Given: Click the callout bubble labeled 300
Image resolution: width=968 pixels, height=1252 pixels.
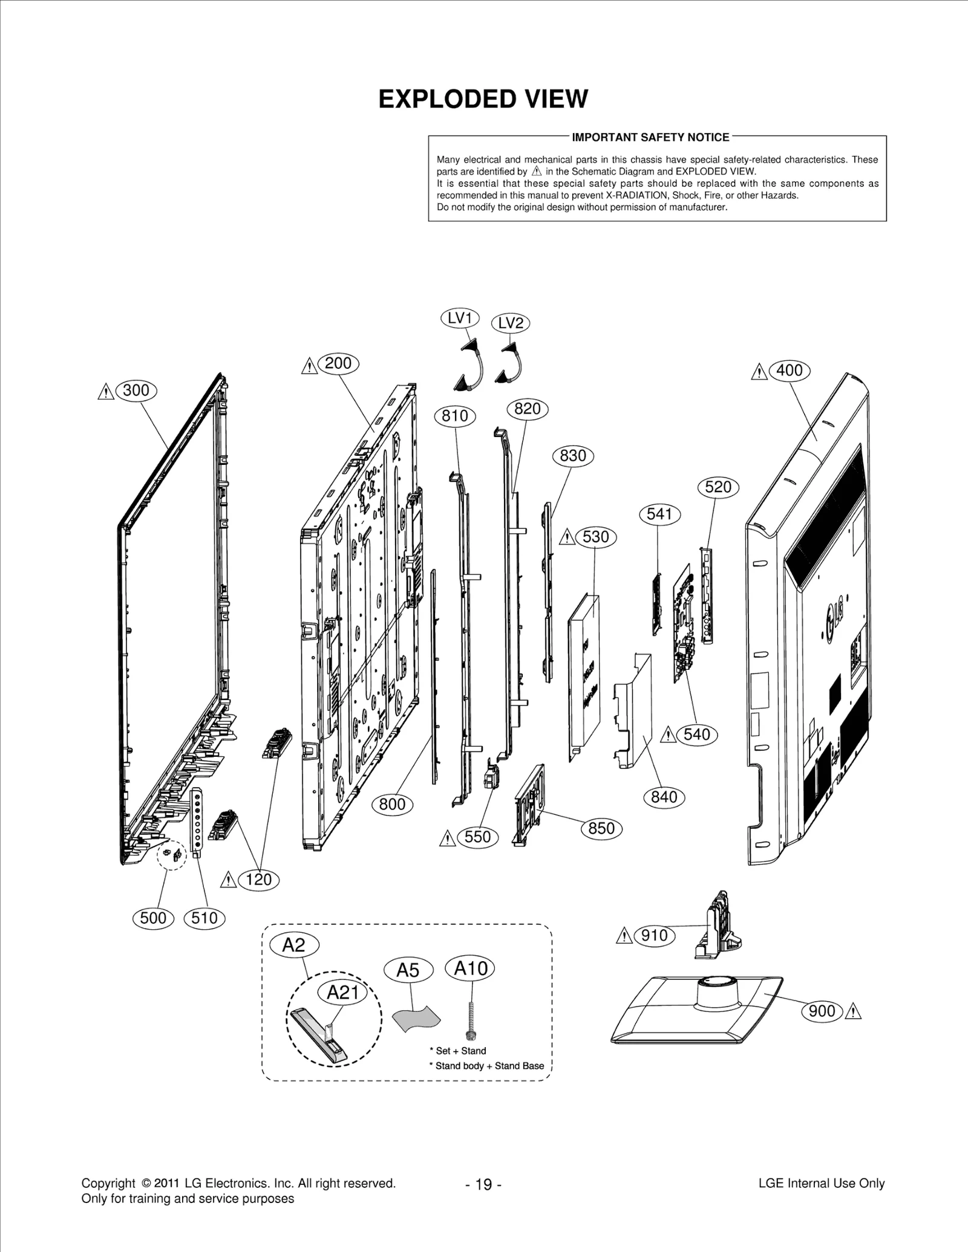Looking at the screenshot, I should click(136, 391).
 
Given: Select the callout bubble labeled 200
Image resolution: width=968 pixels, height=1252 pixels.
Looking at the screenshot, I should click(338, 363).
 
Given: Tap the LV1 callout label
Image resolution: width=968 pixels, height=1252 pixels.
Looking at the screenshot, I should click(460, 318).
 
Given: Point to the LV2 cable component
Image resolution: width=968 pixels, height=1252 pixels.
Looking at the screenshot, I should click(512, 365).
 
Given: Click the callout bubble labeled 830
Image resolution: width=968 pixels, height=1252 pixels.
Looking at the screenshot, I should click(573, 455).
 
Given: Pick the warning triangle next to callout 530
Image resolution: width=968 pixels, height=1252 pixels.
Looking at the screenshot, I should click(567, 537).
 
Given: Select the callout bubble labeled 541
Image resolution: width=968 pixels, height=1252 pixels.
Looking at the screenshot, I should click(659, 514).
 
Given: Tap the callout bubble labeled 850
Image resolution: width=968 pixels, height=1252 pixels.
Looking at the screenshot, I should click(601, 828).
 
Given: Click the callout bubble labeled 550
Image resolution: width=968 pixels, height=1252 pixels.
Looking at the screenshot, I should click(478, 837).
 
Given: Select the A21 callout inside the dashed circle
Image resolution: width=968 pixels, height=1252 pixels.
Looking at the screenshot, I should click(343, 992).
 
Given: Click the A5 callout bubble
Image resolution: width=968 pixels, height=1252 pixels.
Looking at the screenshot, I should click(408, 970).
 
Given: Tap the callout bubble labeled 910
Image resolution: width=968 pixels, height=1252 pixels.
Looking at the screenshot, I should click(654, 935).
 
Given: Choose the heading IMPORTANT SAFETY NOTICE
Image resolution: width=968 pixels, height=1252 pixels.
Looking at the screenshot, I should click(650, 137).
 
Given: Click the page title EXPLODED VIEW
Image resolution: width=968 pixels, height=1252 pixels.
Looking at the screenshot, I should click(483, 99).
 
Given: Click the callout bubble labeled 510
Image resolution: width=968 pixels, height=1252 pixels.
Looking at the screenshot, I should click(204, 918).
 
